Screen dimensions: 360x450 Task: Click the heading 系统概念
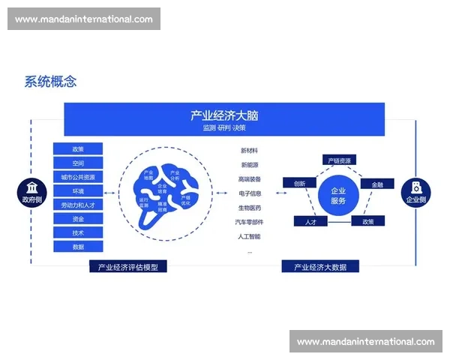coord(50,82)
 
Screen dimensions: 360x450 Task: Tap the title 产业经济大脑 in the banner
coord(224,115)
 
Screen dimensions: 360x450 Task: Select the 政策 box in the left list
coord(78,149)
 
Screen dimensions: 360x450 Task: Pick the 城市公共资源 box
coord(78,177)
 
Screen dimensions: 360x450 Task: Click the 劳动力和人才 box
coord(78,205)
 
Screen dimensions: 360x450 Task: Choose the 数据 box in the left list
coord(78,247)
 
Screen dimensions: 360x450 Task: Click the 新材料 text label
coord(250,151)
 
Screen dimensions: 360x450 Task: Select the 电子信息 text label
coord(250,193)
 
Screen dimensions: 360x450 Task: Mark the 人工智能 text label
coord(250,237)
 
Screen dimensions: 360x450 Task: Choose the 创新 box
coord(299,183)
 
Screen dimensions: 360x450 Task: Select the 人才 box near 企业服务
coord(310,222)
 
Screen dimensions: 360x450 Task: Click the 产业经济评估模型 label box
coord(127,266)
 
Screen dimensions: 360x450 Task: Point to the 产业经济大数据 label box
coord(320,266)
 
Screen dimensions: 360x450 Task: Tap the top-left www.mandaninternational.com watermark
coord(83,19)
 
